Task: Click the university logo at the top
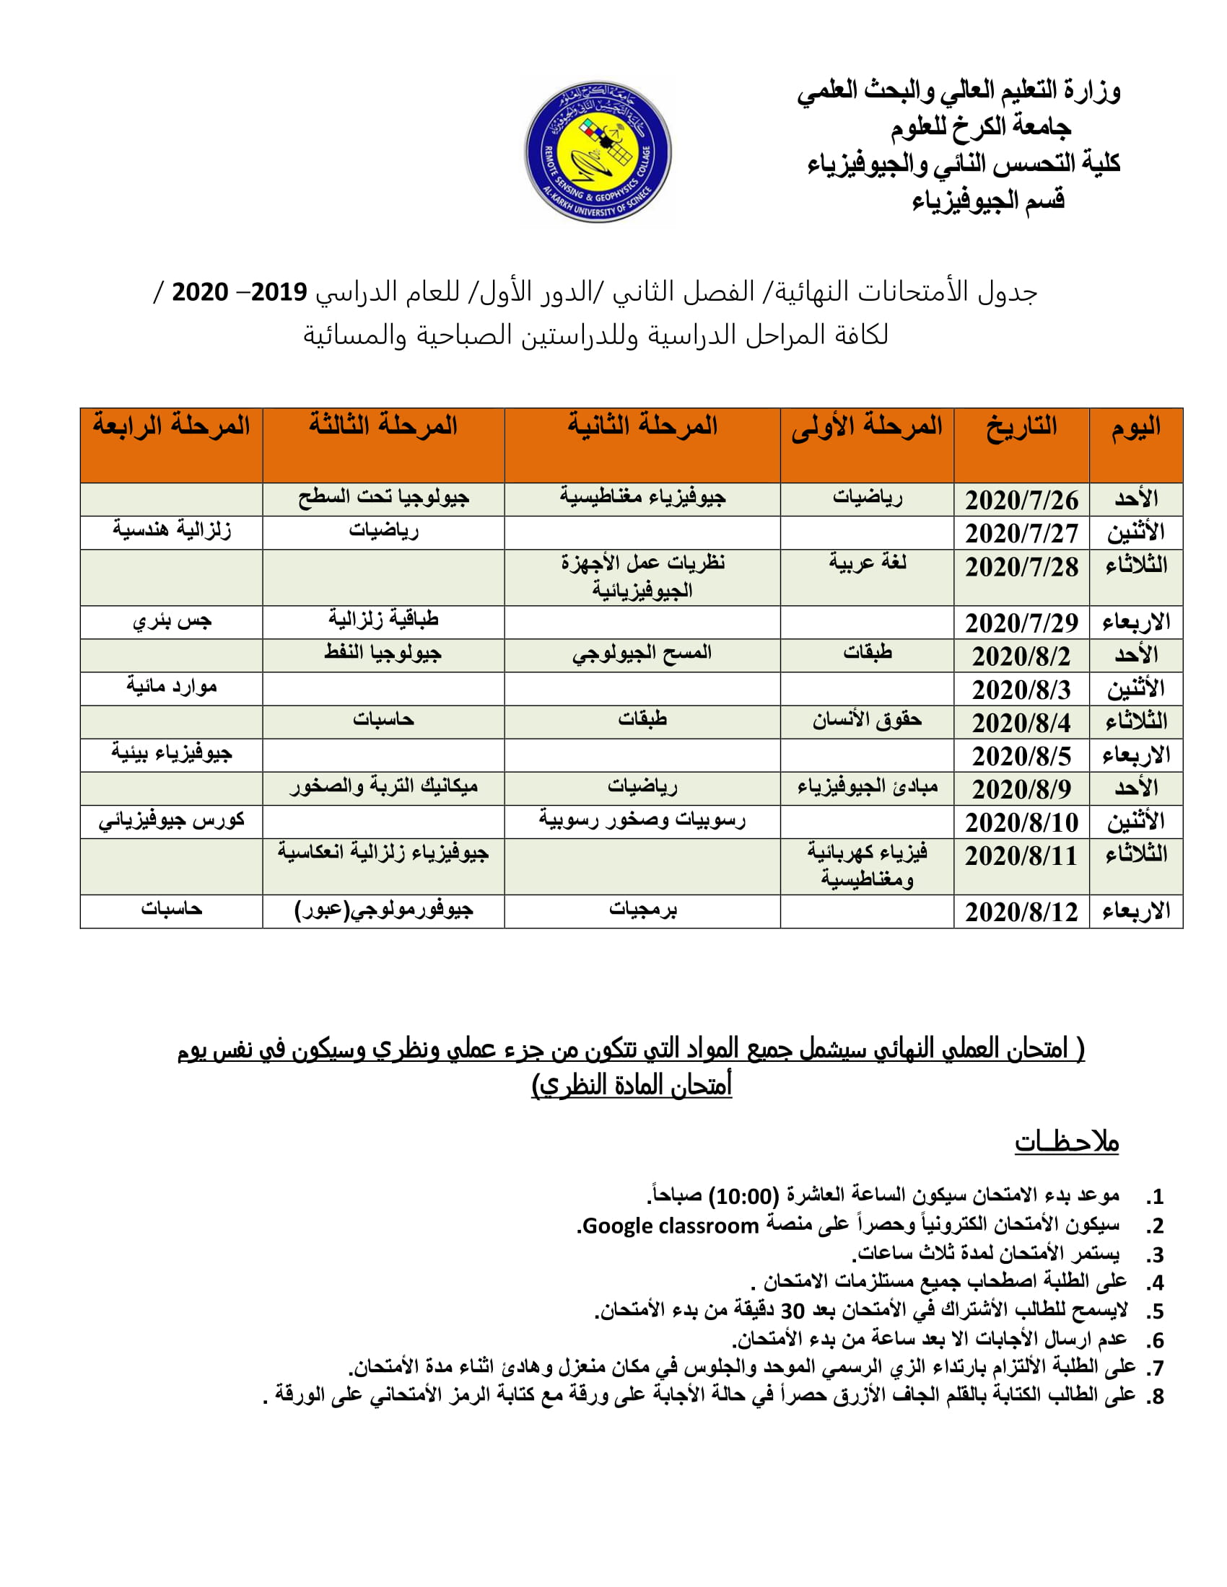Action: (x=598, y=151)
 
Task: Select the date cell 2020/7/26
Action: (x=1021, y=500)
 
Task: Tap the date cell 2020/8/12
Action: (x=1021, y=912)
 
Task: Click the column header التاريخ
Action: (x=1021, y=426)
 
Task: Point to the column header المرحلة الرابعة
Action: (x=172, y=425)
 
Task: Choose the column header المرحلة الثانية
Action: (x=642, y=425)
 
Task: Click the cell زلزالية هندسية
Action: (x=172, y=530)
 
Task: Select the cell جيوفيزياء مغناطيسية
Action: (x=642, y=498)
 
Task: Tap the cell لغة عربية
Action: (x=867, y=563)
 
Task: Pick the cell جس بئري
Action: (x=172, y=621)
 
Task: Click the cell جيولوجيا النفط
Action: (x=383, y=654)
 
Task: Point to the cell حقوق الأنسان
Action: (x=867, y=720)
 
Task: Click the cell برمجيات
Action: (x=642, y=910)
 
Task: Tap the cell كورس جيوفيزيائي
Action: (x=172, y=821)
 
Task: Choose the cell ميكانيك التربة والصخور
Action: (x=383, y=787)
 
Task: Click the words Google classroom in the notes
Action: (x=671, y=1226)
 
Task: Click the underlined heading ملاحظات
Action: (x=1066, y=1142)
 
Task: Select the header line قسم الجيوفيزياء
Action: (x=988, y=200)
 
